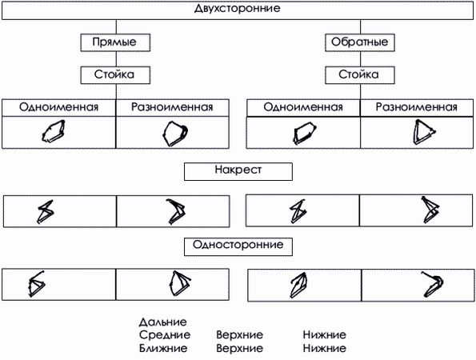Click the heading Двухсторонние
click(237, 9)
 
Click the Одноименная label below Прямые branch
click(60, 107)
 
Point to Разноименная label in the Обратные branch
click(416, 107)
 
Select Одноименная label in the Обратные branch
click(302, 107)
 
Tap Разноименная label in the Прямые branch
click(174, 107)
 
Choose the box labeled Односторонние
click(238, 245)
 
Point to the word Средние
click(164, 335)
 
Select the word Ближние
click(163, 349)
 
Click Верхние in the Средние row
click(239, 335)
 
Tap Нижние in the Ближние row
click(324, 349)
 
